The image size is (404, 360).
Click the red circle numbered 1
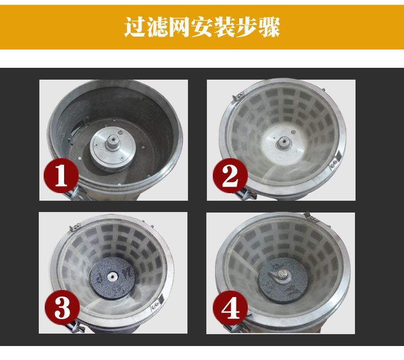click(61, 175)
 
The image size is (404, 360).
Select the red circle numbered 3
click(62, 308)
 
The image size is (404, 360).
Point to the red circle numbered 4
click(231, 308)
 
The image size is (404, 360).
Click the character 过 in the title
click(135, 27)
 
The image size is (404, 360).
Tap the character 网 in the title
click(179, 27)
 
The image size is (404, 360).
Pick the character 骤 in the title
click(269, 27)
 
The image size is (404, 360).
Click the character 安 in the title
click(202, 27)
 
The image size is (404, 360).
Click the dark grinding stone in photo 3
click(113, 278)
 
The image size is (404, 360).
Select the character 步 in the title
click(247, 27)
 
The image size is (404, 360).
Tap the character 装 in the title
click(224, 27)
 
